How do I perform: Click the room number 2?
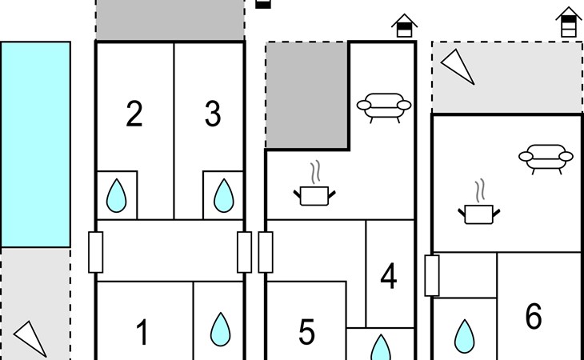(134, 114)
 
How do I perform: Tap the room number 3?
(212, 114)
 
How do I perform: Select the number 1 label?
(142, 331)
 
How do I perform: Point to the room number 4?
(389, 277)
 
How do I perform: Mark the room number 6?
(534, 317)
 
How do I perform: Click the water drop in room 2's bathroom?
(117, 194)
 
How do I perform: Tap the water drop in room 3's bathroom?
(223, 194)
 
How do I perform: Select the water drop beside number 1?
(218, 328)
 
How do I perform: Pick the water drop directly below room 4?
(381, 348)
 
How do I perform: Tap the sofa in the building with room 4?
(383, 107)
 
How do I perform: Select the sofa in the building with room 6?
(546, 158)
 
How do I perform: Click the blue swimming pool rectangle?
(35, 144)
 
